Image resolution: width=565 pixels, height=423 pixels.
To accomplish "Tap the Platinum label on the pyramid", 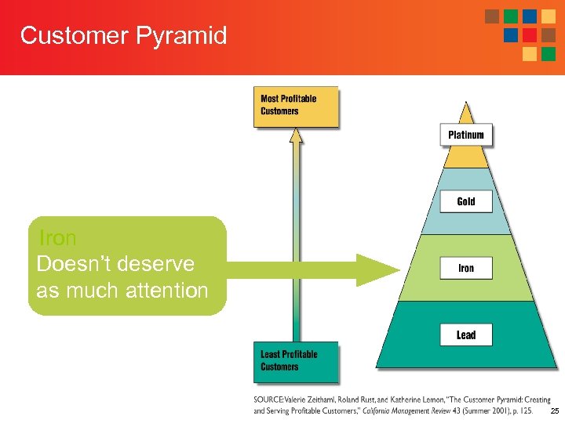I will pos(466,135).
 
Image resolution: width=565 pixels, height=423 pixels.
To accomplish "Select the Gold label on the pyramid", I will pos(466,201).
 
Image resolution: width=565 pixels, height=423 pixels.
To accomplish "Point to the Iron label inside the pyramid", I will pos(466,268).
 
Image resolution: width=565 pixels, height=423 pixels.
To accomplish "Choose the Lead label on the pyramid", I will pos(466,334).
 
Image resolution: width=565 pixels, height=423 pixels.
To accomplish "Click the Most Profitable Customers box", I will pos(295,106).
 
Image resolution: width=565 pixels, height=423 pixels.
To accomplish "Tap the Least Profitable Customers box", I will pos(295,361).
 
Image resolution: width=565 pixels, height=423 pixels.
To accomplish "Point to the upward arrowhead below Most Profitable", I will pos(296,136).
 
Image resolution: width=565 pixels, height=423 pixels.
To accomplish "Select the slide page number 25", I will pos(555,411).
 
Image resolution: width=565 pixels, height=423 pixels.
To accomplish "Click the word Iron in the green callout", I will pos(57,237).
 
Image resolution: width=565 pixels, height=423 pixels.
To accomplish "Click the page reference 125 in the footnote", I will pos(525,410).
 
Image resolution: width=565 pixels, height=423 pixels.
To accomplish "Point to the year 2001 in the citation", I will pos(480,410).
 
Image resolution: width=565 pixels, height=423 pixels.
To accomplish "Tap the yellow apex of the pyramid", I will pos(466,157).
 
